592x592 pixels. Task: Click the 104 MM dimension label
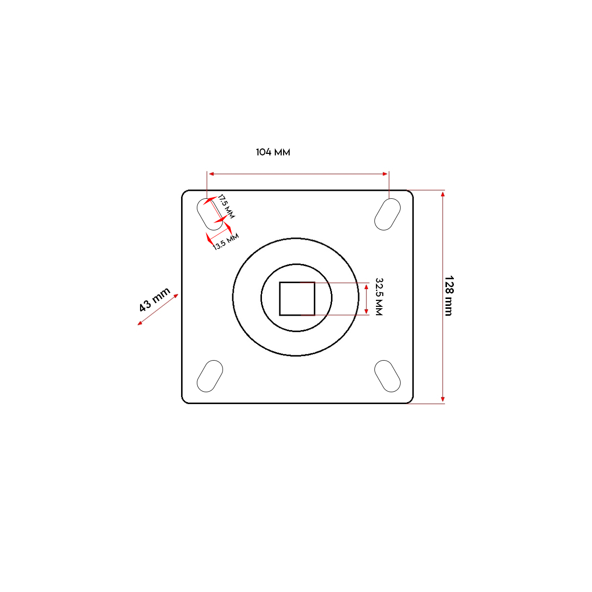[x=273, y=152]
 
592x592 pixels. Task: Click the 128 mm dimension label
[x=448, y=296]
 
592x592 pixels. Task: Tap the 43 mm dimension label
[x=154, y=299]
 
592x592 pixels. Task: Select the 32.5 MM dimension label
[x=379, y=296]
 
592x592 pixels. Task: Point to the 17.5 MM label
[x=226, y=207]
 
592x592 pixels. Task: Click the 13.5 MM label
[x=226, y=241]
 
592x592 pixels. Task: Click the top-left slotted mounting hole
[x=210, y=214]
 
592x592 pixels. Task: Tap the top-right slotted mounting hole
[x=387, y=214]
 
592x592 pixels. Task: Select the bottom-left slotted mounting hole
[x=210, y=376]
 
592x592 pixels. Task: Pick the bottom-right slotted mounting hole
[x=387, y=376]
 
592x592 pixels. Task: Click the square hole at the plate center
[x=297, y=298]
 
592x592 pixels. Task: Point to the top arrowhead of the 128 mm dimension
[x=443, y=194]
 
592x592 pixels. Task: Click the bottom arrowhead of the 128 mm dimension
[x=443, y=400]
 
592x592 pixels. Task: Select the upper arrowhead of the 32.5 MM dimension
[x=366, y=287]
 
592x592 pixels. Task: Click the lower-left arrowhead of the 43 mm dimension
[x=140, y=323]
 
